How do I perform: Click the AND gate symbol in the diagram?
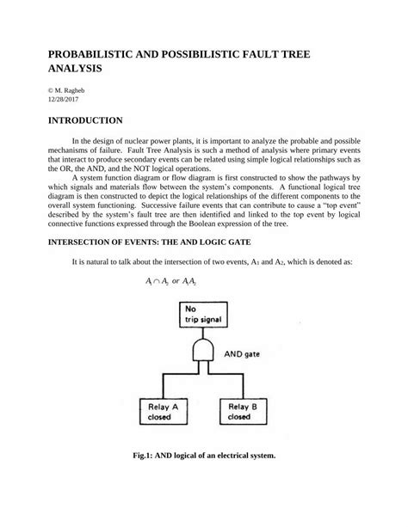(x=205, y=350)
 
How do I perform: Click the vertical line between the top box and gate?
(x=205, y=334)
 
